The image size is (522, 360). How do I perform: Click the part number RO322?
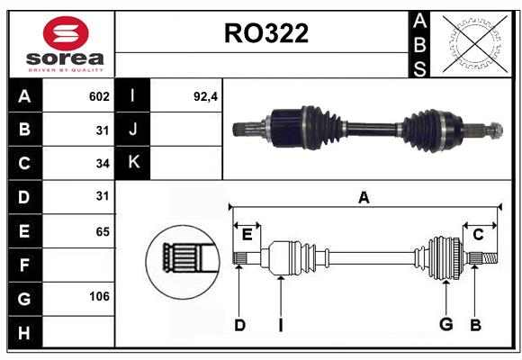point(266,33)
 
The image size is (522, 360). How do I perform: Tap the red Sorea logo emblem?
point(66,33)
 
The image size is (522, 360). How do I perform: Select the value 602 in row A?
point(99,96)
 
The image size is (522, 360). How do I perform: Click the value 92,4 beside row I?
point(205,96)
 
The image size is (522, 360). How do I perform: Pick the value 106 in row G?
point(99,296)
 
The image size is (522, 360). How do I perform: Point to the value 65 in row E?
point(103,231)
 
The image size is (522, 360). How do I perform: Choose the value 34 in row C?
point(103,164)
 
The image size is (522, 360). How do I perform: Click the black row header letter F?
point(24,265)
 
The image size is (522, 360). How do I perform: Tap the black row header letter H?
point(24,333)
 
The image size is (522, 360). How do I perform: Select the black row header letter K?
point(133,162)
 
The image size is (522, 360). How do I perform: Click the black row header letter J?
point(133,129)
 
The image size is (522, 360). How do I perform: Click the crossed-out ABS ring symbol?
point(475,44)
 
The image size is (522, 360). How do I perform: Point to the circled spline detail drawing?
point(183,262)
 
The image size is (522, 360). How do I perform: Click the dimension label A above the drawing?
point(364,197)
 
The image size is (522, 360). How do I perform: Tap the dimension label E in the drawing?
point(247,235)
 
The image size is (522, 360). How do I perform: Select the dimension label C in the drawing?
point(478,235)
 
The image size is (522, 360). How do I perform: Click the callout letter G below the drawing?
point(446,324)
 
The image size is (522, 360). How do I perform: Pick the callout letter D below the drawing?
point(239,325)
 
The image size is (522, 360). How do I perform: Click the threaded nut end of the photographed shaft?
point(495,130)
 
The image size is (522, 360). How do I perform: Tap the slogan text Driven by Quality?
point(66,70)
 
